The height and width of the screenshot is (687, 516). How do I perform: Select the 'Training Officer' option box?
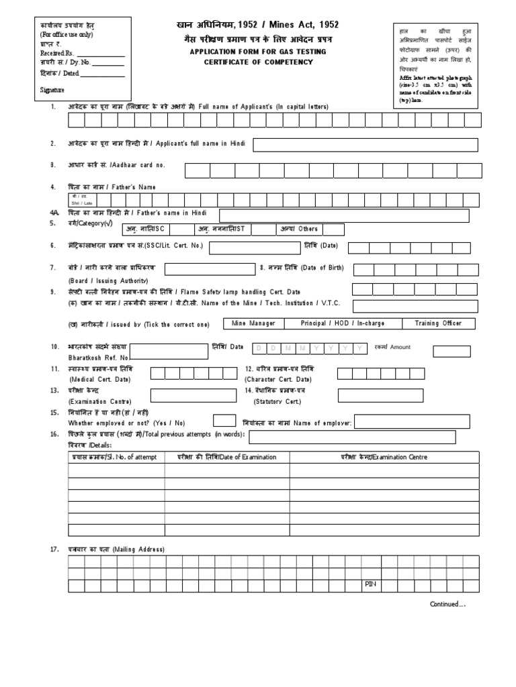pyautogui.click(x=437, y=323)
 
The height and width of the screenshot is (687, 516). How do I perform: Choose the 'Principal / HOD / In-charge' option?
pyautogui.click(x=343, y=323)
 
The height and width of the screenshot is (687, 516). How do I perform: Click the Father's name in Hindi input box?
pyautogui.click(x=348, y=214)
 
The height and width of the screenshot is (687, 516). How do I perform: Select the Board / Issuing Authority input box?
pyautogui.click(x=208, y=269)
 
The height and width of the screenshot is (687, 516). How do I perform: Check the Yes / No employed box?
pyautogui.click(x=224, y=421)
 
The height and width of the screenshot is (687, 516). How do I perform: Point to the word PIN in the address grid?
pyautogui.click(x=371, y=585)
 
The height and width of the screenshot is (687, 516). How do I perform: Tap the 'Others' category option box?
pyautogui.click(x=310, y=229)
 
